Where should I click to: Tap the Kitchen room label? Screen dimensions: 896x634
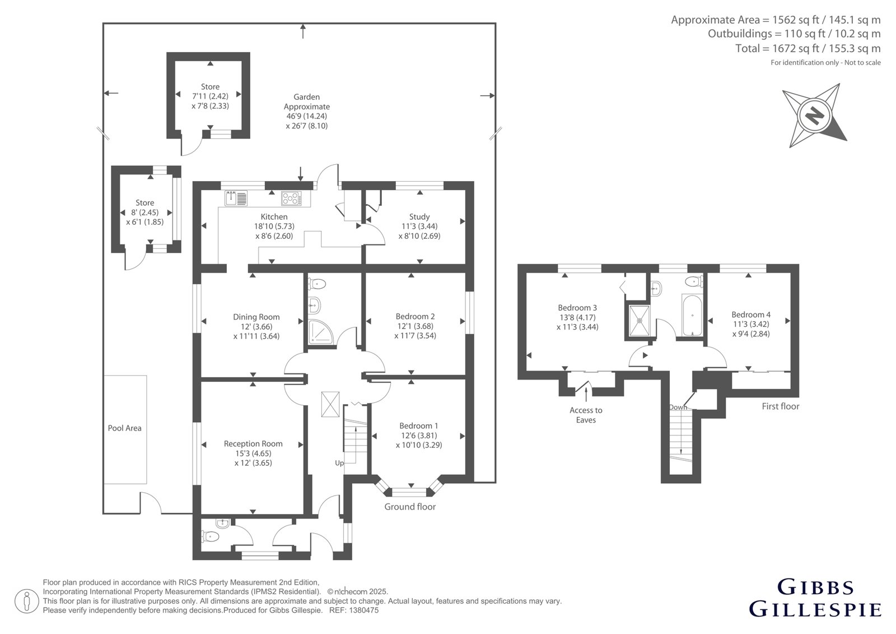(x=274, y=217)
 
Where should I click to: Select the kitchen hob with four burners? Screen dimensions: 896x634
(x=291, y=198)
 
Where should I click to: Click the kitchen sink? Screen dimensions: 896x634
(x=236, y=198)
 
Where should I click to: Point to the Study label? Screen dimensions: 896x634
(x=419, y=217)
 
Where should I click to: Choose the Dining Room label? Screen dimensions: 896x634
(x=256, y=317)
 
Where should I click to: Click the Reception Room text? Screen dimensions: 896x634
(x=253, y=443)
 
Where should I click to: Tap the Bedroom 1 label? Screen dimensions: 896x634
(x=419, y=425)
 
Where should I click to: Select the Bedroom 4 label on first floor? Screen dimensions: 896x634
(x=751, y=314)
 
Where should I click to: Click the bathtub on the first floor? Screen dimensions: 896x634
(x=692, y=316)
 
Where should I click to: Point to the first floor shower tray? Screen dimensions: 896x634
(x=639, y=320)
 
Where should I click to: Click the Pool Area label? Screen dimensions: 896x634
(x=124, y=428)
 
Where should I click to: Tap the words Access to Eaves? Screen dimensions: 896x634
(x=586, y=415)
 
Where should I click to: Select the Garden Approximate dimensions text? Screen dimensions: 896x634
(x=307, y=112)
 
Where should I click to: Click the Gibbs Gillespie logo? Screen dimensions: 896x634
(x=815, y=599)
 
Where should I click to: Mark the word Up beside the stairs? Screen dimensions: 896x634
(x=339, y=463)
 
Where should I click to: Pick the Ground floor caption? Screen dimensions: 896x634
(x=410, y=507)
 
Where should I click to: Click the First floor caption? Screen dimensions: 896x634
(x=781, y=406)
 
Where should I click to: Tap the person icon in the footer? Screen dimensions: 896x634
(x=27, y=601)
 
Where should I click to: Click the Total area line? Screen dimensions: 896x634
(x=808, y=48)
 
